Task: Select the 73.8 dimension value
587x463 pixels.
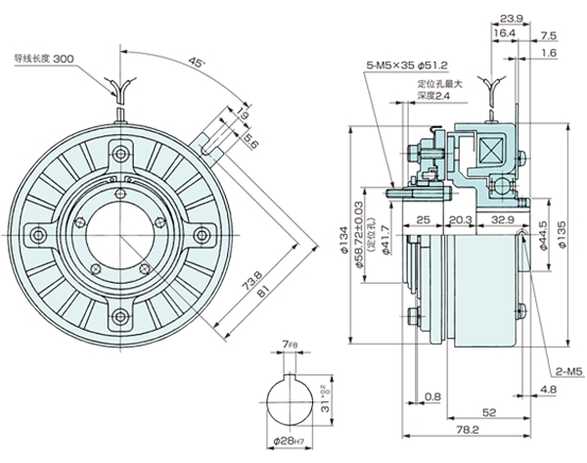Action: click(x=243, y=275)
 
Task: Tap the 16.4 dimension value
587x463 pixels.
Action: click(x=504, y=33)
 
